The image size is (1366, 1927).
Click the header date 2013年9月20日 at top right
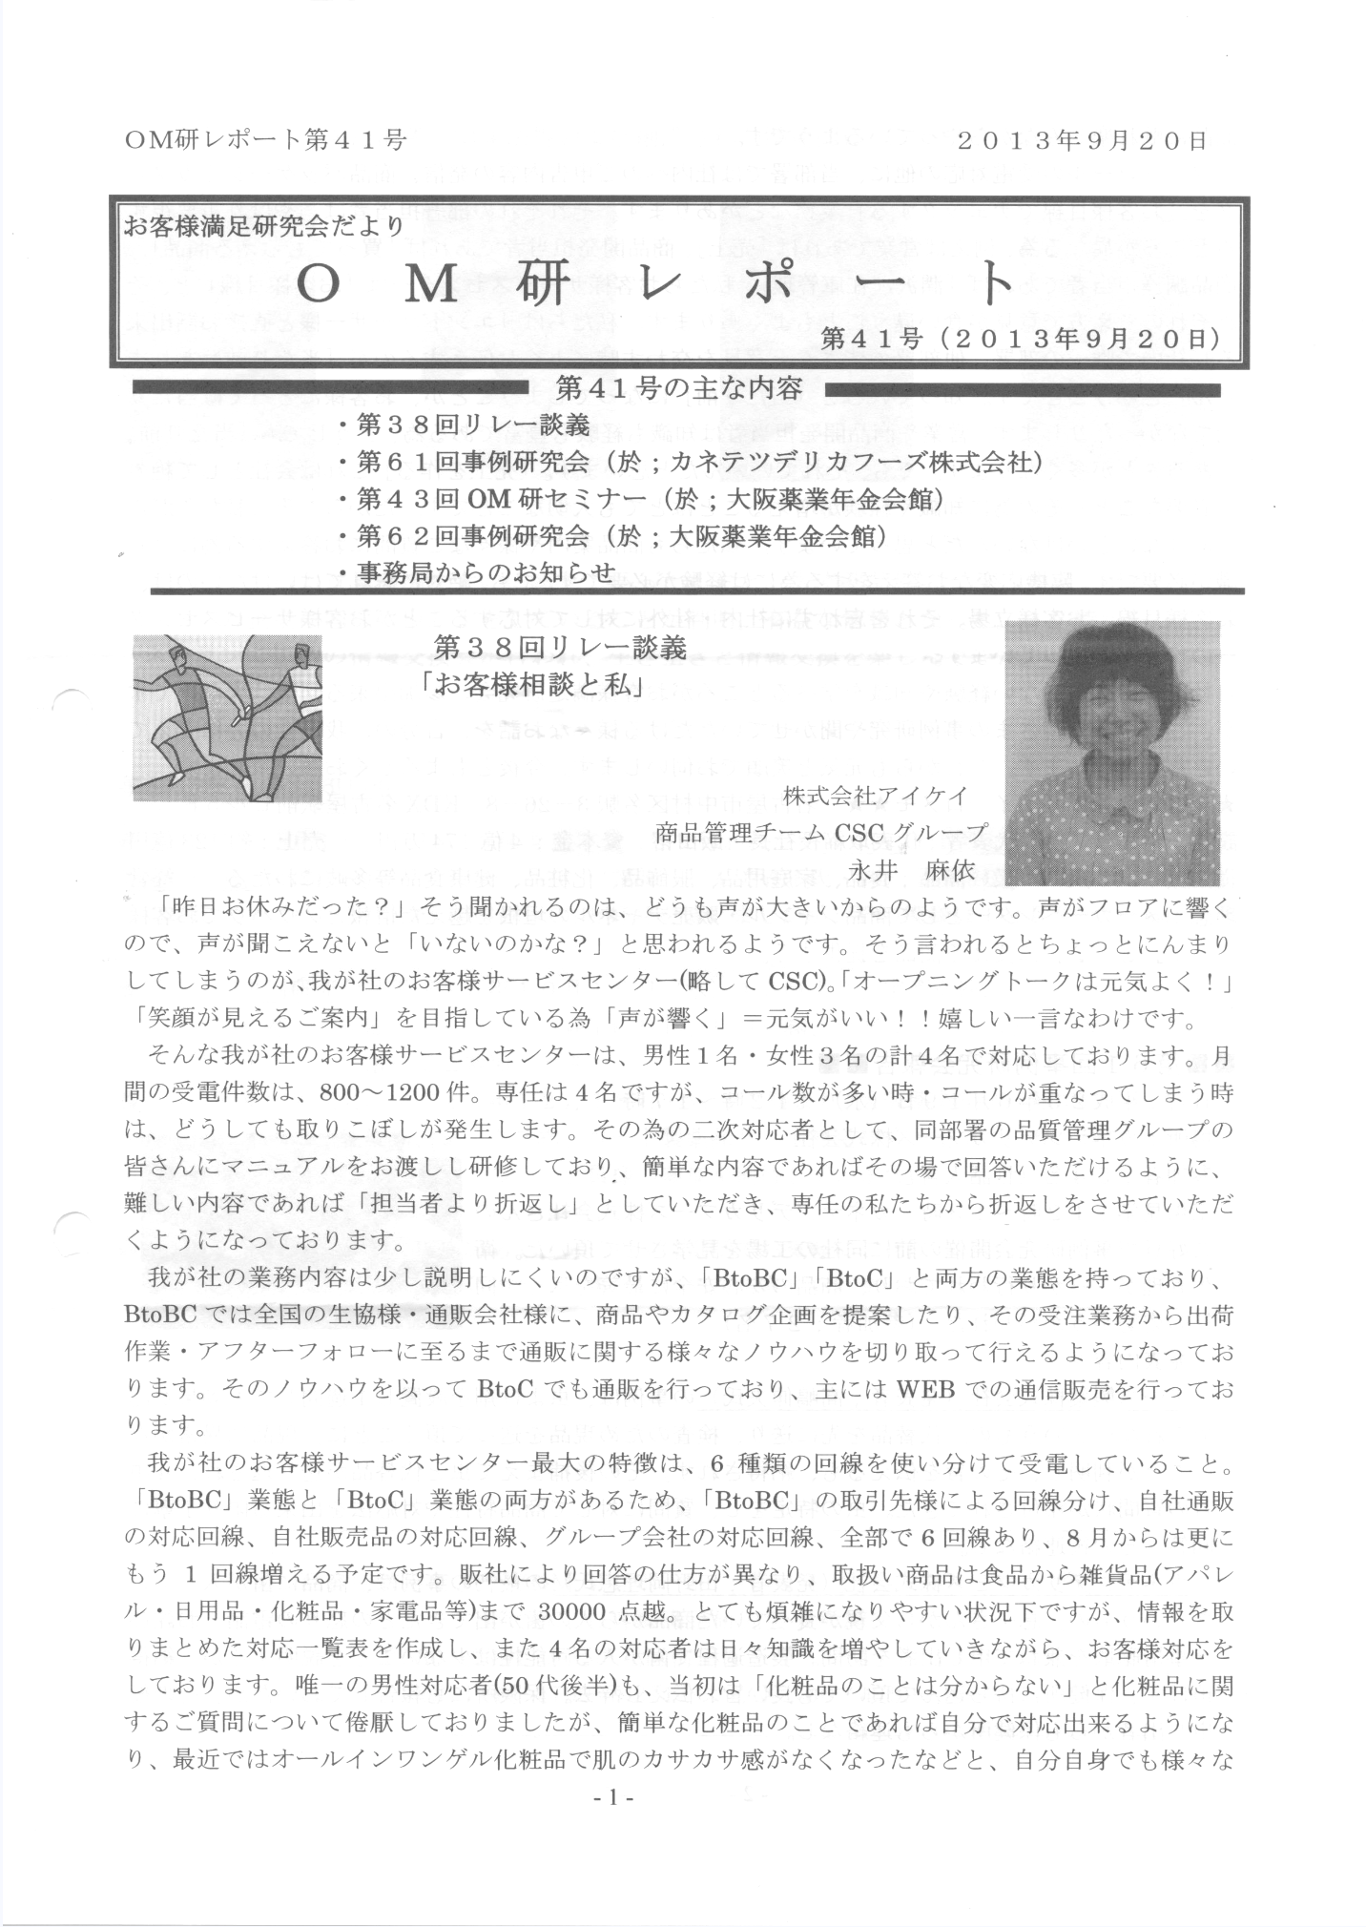pyautogui.click(x=1084, y=141)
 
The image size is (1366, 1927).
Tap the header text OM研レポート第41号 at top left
pyautogui.click(x=266, y=141)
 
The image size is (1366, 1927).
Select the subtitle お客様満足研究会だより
pyautogui.click(x=264, y=226)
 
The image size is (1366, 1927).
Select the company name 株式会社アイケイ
pyautogui.click(x=875, y=795)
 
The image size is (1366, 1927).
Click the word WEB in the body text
pyautogui.click(x=925, y=1389)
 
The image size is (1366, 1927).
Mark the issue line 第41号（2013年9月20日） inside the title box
pyautogui.click(x=1018, y=340)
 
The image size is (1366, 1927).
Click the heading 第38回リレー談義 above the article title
pyautogui.click(x=560, y=649)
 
